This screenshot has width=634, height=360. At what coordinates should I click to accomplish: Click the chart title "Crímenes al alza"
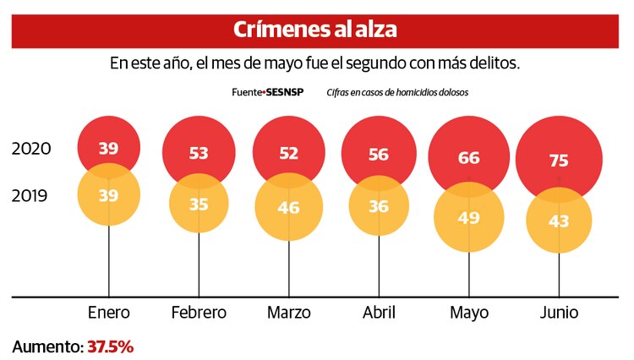pos(315,30)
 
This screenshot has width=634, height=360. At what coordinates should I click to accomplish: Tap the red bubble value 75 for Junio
pos(559,161)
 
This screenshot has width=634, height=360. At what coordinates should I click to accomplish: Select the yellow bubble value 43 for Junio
pos(559,221)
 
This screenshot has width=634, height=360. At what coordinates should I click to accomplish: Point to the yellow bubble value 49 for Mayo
pos(468,217)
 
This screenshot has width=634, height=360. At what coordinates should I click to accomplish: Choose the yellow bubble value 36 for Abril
pos(378,205)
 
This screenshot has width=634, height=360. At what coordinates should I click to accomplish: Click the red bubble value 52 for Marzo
pos(288,154)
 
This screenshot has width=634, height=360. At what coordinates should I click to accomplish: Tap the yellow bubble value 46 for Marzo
pos(288,208)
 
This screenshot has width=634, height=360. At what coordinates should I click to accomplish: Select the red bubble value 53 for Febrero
pos(199,153)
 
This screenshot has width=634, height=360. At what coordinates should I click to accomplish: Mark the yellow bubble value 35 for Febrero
pos(199,205)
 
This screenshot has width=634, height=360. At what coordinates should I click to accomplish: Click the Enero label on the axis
pos(109,313)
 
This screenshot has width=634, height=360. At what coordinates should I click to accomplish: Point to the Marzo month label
pos(288,313)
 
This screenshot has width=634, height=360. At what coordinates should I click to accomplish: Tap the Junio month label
pos(559,313)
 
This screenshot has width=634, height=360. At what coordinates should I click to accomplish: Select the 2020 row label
pos(32,149)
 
